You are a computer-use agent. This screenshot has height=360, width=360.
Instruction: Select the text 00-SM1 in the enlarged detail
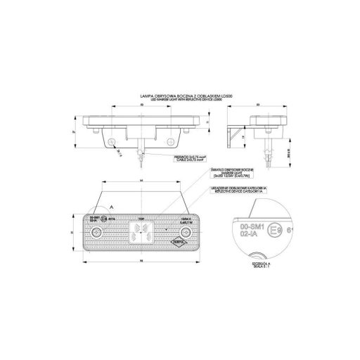tap(245, 227)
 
